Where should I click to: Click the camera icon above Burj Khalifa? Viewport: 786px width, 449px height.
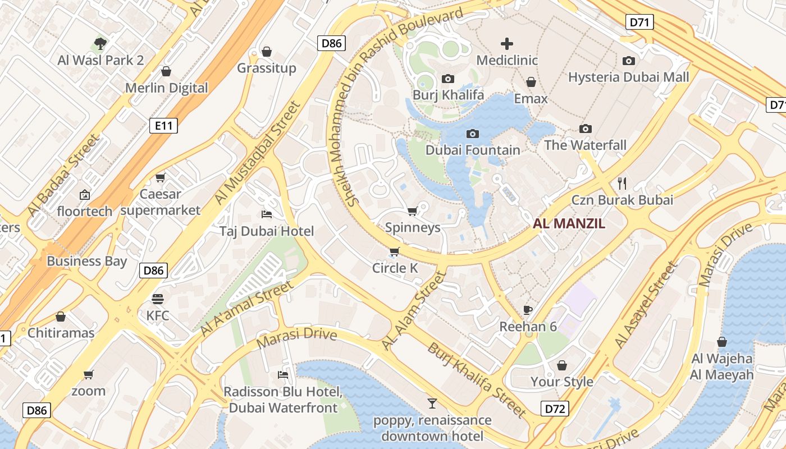(x=447, y=79)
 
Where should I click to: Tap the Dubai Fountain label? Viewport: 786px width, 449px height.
(x=473, y=150)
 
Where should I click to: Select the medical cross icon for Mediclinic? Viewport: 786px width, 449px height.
(x=507, y=44)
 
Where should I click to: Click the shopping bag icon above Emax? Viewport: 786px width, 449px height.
(x=531, y=83)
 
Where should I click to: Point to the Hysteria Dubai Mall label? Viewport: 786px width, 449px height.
(x=628, y=77)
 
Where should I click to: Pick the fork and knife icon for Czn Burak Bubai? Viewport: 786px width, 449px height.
(x=622, y=183)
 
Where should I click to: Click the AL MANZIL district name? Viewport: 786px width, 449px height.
(x=569, y=223)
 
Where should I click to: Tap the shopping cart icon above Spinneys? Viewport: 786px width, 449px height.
(x=412, y=212)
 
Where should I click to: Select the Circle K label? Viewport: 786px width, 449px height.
(x=395, y=268)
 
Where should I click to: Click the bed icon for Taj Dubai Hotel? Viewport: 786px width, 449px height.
(x=267, y=214)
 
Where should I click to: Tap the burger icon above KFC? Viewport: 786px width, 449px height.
(x=157, y=299)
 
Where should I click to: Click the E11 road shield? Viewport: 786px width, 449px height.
(x=164, y=126)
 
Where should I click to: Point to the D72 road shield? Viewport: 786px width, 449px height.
(x=555, y=409)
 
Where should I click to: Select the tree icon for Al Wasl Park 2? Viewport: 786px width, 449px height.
(x=100, y=43)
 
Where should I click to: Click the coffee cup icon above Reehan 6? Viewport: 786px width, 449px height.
(x=528, y=310)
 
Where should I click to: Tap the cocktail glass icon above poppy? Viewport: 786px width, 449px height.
(x=432, y=403)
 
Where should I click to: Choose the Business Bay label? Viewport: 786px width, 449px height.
(x=86, y=261)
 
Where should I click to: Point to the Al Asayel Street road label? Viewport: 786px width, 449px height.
(x=646, y=305)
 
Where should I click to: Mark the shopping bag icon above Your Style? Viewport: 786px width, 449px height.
(x=562, y=365)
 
